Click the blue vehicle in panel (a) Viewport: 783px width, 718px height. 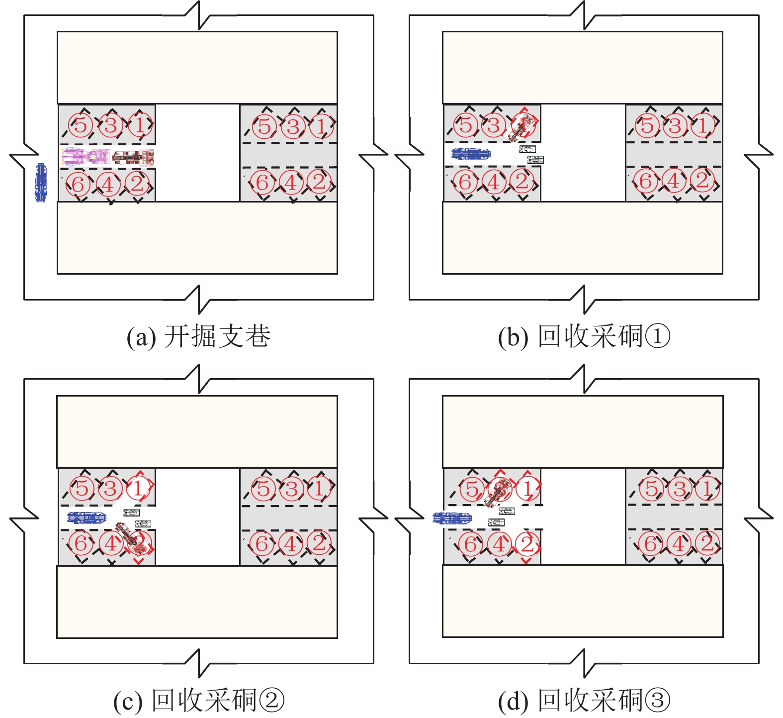pyautogui.click(x=41, y=183)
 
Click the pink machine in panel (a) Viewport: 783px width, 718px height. pyautogui.click(x=85, y=156)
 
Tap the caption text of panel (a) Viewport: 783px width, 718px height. pyautogui.click(x=198, y=337)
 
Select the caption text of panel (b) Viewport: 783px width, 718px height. pyautogui.click(x=584, y=337)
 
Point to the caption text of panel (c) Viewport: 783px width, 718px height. pyautogui.click(x=198, y=701)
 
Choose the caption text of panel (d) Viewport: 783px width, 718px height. pyautogui.click(x=584, y=701)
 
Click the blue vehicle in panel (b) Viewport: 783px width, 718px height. pyautogui.click(x=471, y=154)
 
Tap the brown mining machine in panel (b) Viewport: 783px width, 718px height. pyautogui.click(x=522, y=126)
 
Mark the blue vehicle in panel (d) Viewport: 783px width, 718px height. pyautogui.click(x=452, y=518)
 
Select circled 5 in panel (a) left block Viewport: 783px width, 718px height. pyautogui.click(x=81, y=125)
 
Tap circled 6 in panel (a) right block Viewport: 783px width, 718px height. pyautogui.click(x=262, y=183)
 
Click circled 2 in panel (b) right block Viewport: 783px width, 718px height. pyautogui.click(x=702, y=180)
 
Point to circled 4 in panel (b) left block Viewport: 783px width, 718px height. pyautogui.click(x=494, y=182)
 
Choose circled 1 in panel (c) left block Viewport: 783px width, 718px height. pyautogui.click(x=139, y=488)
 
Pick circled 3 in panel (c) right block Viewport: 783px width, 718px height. pyautogui.click(x=292, y=489)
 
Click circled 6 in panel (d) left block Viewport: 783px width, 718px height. pyautogui.click(x=470, y=544)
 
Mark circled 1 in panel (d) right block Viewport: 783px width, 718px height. pyautogui.click(x=707, y=489)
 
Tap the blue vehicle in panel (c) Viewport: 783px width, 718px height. pyautogui.click(x=87, y=518)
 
